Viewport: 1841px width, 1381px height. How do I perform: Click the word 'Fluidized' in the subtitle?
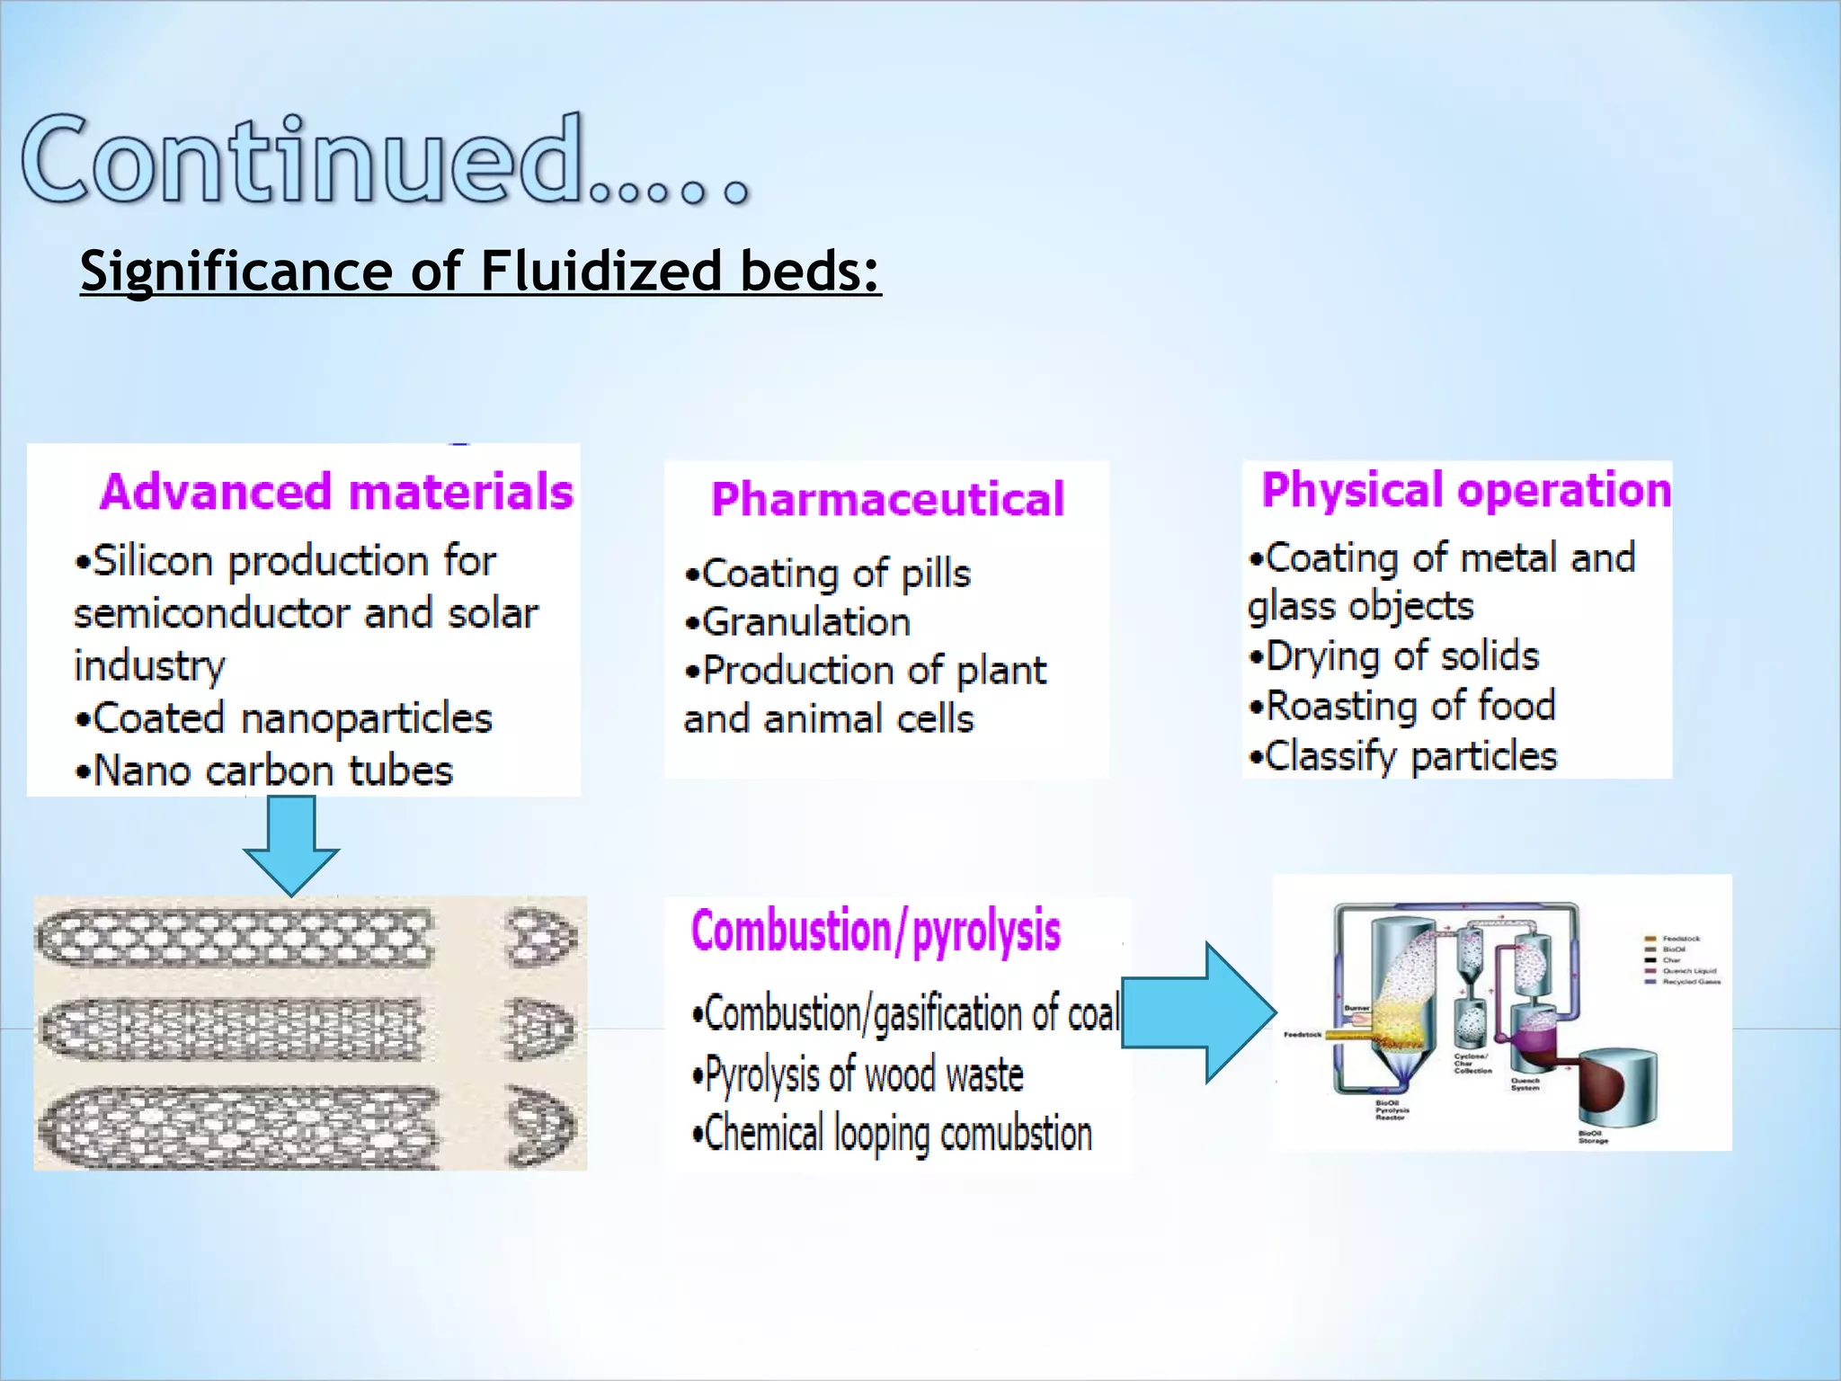pyautogui.click(x=600, y=271)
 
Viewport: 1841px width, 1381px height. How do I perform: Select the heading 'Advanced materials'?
pyautogui.click(x=336, y=492)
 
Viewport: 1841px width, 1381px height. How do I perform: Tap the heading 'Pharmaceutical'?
pyautogui.click(x=887, y=499)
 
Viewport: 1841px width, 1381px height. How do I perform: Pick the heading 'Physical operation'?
pyautogui.click(x=1465, y=490)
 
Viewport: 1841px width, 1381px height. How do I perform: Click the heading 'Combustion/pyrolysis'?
pyautogui.click(x=876, y=931)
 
